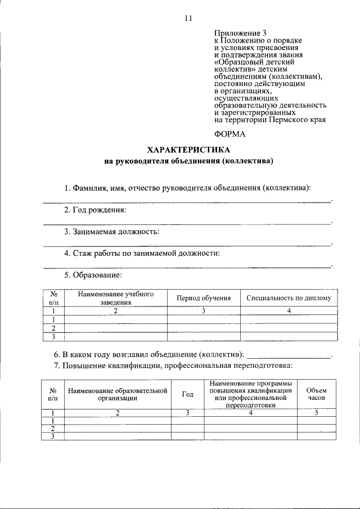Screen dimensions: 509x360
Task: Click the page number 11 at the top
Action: (x=188, y=18)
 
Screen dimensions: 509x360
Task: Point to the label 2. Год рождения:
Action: (x=94, y=210)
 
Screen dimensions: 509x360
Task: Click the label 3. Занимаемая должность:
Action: (x=111, y=231)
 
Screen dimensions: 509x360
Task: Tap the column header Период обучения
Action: (x=204, y=298)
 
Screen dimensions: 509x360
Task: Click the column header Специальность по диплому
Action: (x=289, y=298)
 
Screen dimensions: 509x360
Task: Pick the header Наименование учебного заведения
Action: (x=116, y=298)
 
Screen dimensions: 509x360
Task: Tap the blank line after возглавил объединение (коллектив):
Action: (x=289, y=355)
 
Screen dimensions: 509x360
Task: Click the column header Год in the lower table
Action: (x=188, y=394)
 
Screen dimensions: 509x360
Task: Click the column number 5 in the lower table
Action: (x=316, y=413)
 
